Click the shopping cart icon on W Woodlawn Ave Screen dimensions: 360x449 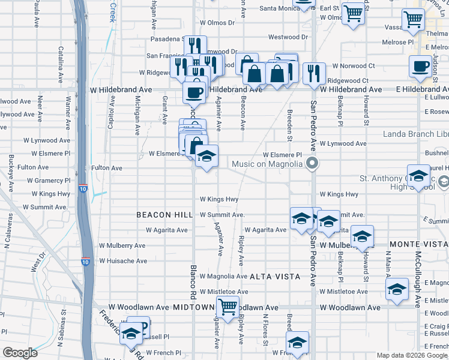click(228, 307)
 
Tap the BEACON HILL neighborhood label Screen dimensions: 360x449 click(164, 214)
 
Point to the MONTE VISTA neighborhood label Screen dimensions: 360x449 click(418, 244)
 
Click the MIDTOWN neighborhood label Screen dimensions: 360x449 click(194, 307)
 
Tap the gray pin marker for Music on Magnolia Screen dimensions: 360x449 click(312, 163)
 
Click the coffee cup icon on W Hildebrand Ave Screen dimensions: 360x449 click(194, 92)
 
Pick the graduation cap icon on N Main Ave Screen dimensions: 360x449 click(397, 289)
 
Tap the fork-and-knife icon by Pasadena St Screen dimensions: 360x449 click(194, 45)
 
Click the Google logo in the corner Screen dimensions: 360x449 click(20, 353)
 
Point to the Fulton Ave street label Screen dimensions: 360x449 click(106, 168)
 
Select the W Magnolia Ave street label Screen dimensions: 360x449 click(223, 276)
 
